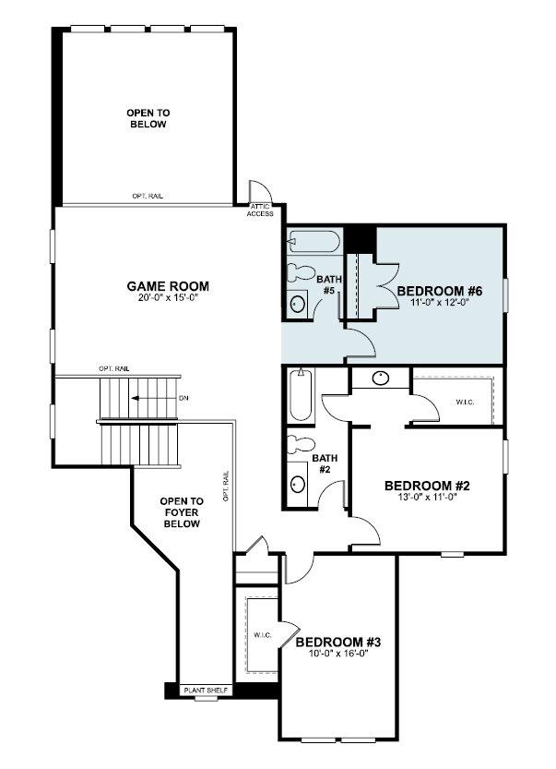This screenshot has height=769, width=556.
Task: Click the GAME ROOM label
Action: pyautogui.click(x=168, y=286)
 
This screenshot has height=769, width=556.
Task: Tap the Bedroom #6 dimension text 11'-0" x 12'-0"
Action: pyautogui.click(x=440, y=303)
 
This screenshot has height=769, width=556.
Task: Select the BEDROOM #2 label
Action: pyautogui.click(x=427, y=486)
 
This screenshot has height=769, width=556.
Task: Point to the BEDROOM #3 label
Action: pyautogui.click(x=338, y=642)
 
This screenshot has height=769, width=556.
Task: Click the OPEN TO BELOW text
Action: pyautogui.click(x=148, y=119)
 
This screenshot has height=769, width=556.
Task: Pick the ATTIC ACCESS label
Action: pyautogui.click(x=260, y=210)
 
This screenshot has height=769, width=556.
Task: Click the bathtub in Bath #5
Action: pyautogui.click(x=314, y=241)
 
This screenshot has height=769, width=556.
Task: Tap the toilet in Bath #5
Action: pyautogui.click(x=301, y=273)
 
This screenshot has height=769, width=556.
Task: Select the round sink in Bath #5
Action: pyautogui.click(x=297, y=304)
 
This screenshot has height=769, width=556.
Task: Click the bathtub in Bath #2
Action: pyautogui.click(x=301, y=395)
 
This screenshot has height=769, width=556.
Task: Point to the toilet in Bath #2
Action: pyautogui.click(x=301, y=445)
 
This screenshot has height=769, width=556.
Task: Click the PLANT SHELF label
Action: pyautogui.click(x=206, y=690)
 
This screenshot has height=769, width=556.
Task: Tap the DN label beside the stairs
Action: pyautogui.click(x=183, y=398)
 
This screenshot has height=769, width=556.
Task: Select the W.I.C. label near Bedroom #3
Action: pyautogui.click(x=263, y=635)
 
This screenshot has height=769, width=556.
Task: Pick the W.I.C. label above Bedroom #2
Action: pyautogui.click(x=466, y=403)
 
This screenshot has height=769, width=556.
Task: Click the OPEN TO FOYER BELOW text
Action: pyautogui.click(x=182, y=512)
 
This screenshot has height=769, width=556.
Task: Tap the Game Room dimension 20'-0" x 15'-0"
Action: pyautogui.click(x=169, y=297)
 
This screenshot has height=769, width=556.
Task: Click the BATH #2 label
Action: pyautogui.click(x=325, y=463)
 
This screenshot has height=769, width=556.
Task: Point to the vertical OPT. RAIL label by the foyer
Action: pyautogui.click(x=226, y=486)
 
